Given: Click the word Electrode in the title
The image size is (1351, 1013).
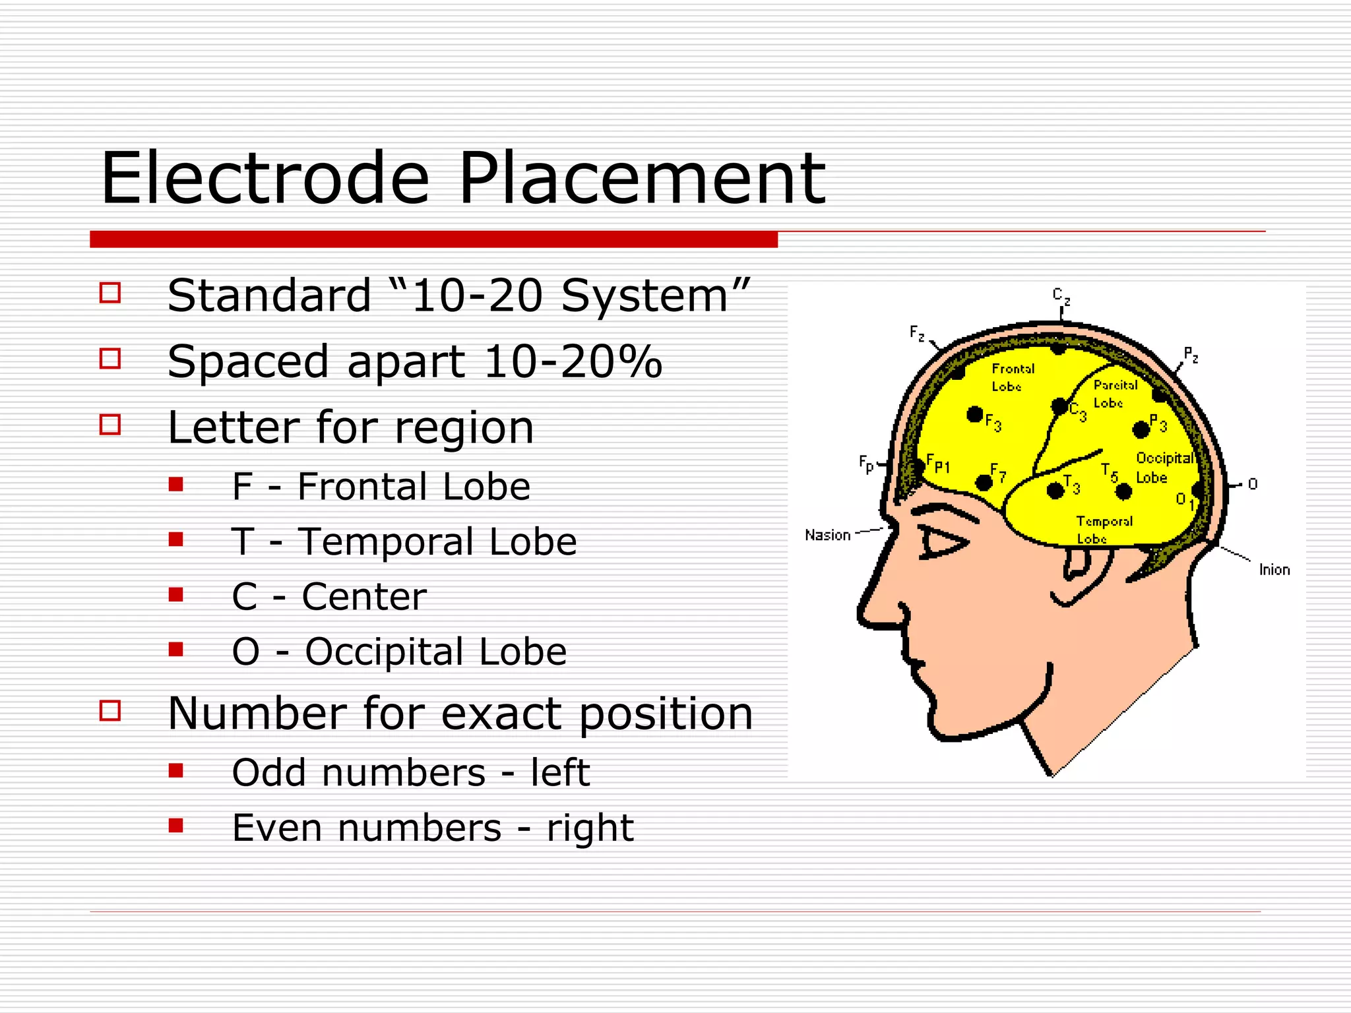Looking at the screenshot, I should click(x=265, y=179).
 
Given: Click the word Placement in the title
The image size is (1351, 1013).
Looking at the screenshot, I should click(x=641, y=179).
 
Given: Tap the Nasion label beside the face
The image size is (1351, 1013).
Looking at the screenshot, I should click(x=827, y=535).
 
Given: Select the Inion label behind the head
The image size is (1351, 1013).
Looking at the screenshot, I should click(x=1274, y=569).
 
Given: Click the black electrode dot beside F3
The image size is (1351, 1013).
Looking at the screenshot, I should click(x=974, y=414).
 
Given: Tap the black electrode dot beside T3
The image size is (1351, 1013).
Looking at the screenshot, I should click(x=1055, y=490).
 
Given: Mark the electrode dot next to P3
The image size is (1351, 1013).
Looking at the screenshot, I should click(x=1141, y=430).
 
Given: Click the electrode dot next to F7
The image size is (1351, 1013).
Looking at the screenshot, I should click(x=983, y=483).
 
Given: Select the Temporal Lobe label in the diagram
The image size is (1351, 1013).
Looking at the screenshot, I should click(x=1104, y=530).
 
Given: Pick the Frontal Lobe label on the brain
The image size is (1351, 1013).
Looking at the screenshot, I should click(x=1011, y=377).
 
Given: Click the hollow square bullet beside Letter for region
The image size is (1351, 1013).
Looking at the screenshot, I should click(x=110, y=425).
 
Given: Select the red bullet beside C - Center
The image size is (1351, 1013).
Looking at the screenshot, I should click(x=175, y=595).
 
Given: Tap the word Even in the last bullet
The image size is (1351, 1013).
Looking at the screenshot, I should click(x=278, y=828).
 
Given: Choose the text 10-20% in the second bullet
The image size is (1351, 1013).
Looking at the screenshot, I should click(x=573, y=361).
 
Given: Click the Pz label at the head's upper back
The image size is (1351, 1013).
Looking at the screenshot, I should click(x=1191, y=355).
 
